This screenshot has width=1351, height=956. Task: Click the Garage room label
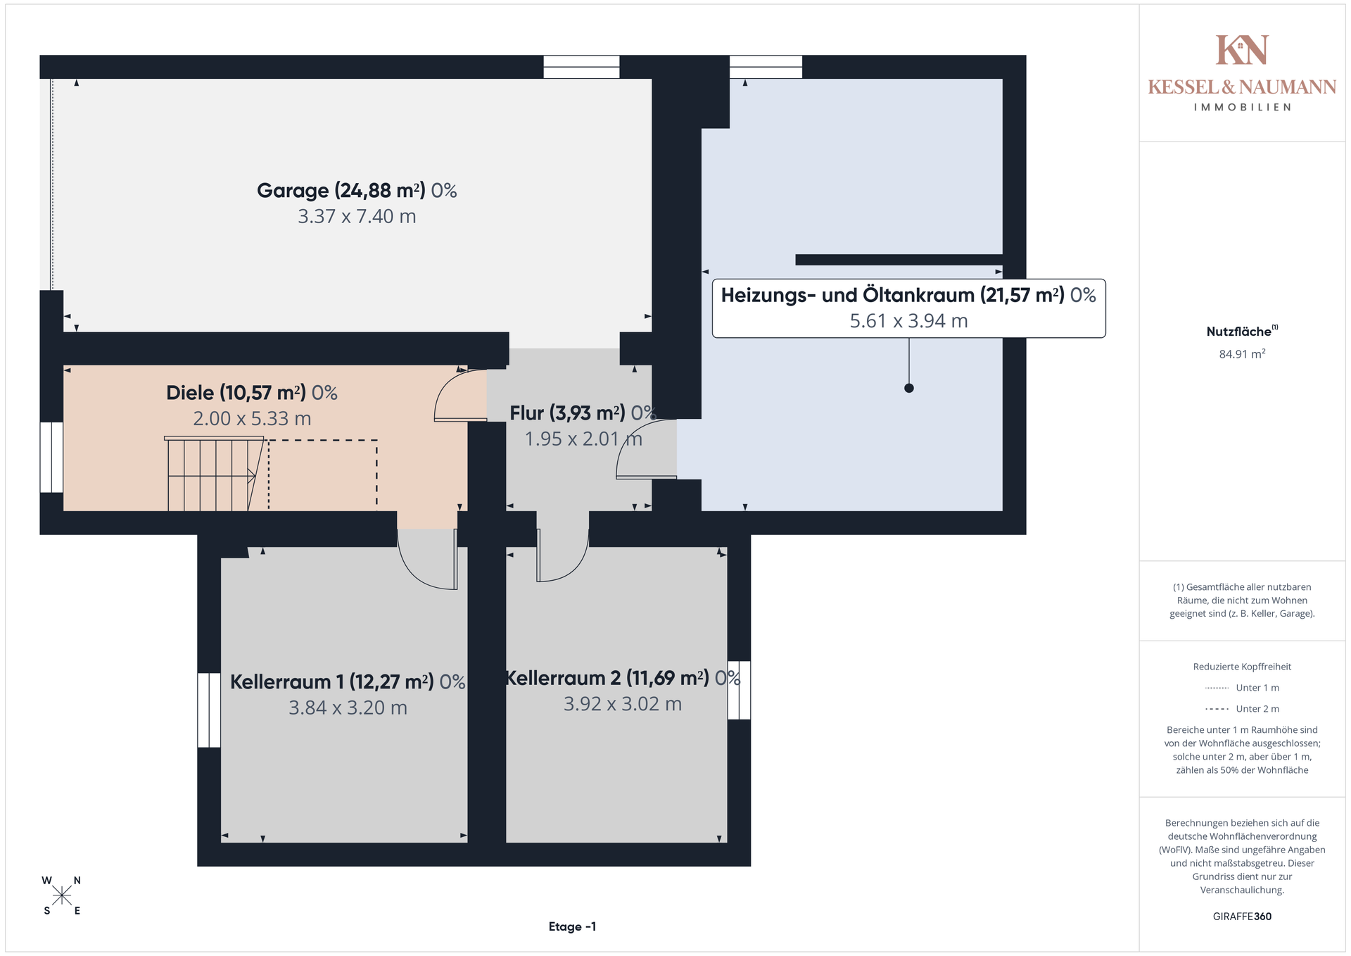(x=357, y=190)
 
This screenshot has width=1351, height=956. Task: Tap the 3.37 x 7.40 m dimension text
(x=357, y=216)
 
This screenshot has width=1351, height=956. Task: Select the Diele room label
(x=252, y=392)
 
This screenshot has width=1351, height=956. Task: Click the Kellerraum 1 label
(x=348, y=681)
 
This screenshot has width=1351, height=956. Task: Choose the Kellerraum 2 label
(x=623, y=678)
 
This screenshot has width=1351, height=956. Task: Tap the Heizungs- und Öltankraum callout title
(x=908, y=295)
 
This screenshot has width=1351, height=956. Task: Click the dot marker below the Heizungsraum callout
(x=909, y=388)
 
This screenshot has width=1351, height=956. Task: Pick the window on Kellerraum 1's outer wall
(x=209, y=710)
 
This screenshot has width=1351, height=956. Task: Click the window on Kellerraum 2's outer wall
(x=739, y=690)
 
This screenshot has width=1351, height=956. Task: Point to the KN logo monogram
(x=1242, y=50)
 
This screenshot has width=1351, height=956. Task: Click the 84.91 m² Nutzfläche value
(x=1242, y=354)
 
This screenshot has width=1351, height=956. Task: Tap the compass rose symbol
(x=62, y=895)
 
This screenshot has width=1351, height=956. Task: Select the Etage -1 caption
(x=572, y=926)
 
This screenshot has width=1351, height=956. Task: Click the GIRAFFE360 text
(x=1242, y=917)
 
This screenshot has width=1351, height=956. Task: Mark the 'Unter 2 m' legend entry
(x=1242, y=709)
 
